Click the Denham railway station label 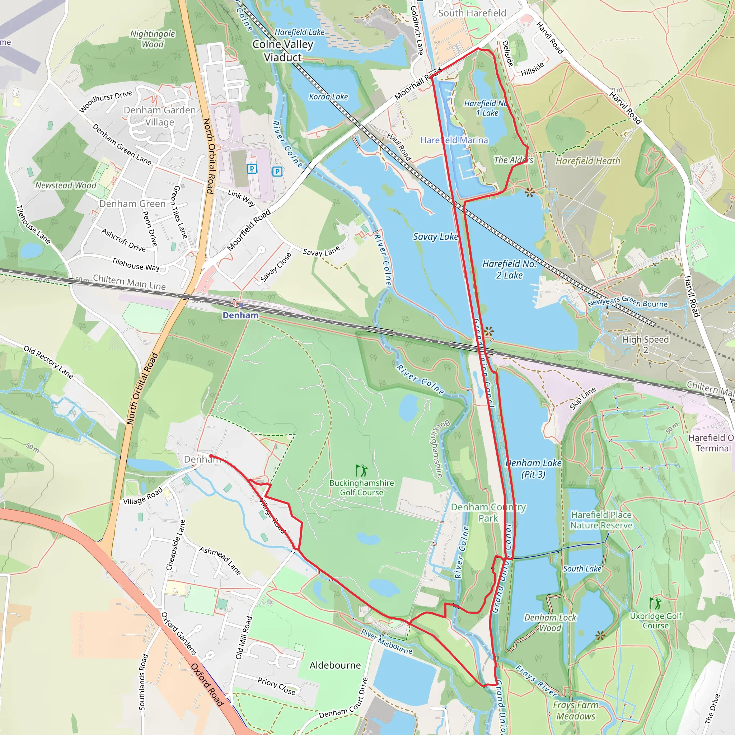[x=240, y=315]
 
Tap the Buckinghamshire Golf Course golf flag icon [x=361, y=470]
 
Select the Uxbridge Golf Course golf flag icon [x=655, y=603]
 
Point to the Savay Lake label [x=435, y=237]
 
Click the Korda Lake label [x=328, y=97]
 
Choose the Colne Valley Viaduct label [x=283, y=51]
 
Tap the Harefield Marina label [x=454, y=140]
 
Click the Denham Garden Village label [x=159, y=116]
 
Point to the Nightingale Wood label [x=153, y=39]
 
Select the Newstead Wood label [x=66, y=185]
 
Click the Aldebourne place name [x=335, y=665]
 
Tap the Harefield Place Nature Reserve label [x=601, y=520]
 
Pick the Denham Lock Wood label [x=550, y=623]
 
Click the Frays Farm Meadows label [x=576, y=710]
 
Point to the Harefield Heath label [x=588, y=161]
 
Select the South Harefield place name [x=472, y=13]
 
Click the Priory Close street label [x=276, y=686]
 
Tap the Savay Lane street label [x=321, y=252]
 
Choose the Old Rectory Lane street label [x=48, y=362]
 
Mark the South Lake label [x=582, y=569]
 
